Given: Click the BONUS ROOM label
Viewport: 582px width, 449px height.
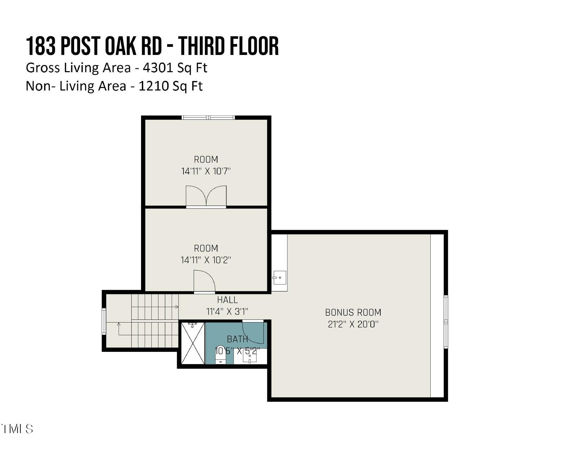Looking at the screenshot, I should coord(353,312).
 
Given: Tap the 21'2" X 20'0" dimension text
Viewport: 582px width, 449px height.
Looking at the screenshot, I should coord(353,324).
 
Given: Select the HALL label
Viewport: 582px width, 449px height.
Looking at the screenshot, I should coord(227,300).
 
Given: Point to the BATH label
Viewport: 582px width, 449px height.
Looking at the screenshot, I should coord(237,339).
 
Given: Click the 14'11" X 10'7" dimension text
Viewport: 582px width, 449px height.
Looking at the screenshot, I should coord(206,172).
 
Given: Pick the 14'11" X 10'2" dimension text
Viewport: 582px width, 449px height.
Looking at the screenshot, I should coord(206,260).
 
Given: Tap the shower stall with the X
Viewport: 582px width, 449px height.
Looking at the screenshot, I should coord(193,343).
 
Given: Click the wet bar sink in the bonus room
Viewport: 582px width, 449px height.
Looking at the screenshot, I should coord(280,277).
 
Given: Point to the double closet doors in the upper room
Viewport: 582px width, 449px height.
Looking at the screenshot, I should coord(206,196).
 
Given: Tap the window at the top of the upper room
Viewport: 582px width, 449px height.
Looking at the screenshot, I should coord(208,117).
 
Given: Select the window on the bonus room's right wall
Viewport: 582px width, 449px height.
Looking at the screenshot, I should coord(446,322).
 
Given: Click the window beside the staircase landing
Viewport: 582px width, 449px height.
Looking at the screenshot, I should coord(104,321).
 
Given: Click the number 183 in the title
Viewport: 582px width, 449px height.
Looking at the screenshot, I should coord(41,46).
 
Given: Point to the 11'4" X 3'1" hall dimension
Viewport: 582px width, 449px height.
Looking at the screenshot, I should coord(227,312).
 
